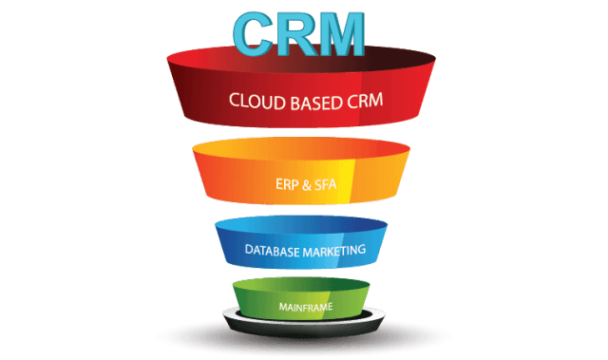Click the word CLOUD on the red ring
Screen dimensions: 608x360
pos(256,100)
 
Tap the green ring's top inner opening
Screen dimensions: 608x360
pos(301,285)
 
